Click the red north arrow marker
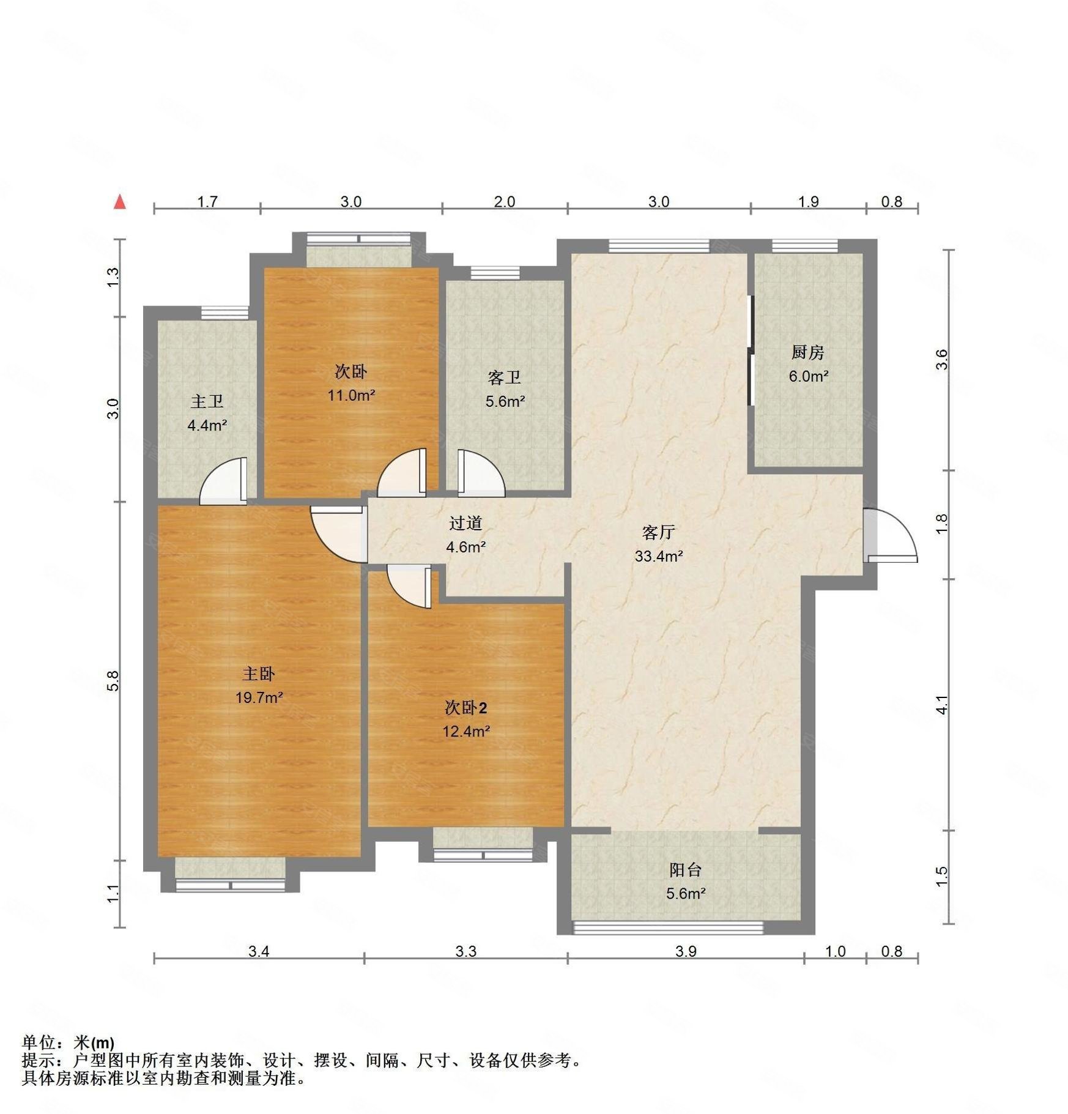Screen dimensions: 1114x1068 120,202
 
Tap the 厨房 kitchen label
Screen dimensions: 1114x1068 807,352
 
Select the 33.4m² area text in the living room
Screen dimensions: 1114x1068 658,556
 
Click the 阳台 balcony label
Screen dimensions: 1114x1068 685,869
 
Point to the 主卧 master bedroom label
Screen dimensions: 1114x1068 259,674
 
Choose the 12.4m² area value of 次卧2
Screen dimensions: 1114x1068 466,731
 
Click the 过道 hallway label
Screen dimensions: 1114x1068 465,523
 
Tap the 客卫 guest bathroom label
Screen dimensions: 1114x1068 505,377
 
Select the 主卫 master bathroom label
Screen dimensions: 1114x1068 207,401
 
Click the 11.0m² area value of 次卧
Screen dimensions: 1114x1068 351,395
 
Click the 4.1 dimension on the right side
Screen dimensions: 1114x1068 942,705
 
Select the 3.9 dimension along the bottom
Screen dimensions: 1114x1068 686,951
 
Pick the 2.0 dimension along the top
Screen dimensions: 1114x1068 504,201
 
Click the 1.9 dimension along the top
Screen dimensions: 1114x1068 808,201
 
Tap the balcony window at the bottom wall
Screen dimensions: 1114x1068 668,927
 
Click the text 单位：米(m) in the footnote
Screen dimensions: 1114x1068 68,1042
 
